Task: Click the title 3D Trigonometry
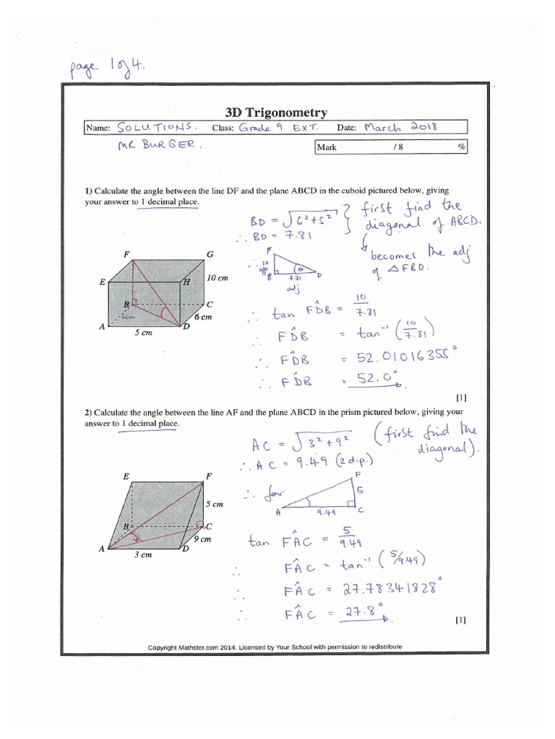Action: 276,113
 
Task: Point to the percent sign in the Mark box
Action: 460,147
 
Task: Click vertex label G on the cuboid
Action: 210,255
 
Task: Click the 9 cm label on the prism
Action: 202,539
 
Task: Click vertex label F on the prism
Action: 208,476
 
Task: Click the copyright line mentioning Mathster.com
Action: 275,647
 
